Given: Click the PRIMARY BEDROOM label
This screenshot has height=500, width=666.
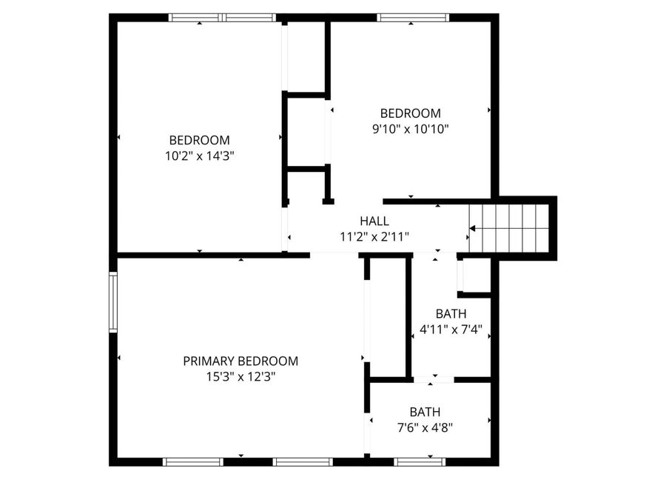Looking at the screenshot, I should [x=240, y=361].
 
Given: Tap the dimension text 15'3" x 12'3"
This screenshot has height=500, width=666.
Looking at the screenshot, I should [x=240, y=376].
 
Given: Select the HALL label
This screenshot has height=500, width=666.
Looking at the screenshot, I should [x=374, y=221].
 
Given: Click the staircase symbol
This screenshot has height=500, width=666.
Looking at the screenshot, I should [x=511, y=227].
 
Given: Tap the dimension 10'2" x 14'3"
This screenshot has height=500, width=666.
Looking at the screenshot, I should [x=199, y=156].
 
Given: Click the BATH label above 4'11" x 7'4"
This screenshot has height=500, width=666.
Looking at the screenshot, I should [x=451, y=313].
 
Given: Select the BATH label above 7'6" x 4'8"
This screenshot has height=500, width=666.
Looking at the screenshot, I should [x=425, y=412].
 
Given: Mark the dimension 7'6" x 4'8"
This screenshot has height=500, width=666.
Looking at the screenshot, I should [x=425, y=427].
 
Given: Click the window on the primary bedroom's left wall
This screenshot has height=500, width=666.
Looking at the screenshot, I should [x=113, y=301].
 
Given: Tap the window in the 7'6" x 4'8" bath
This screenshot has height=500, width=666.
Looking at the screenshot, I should [x=420, y=461].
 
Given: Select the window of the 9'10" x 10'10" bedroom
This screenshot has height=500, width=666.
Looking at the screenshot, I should [x=413, y=18].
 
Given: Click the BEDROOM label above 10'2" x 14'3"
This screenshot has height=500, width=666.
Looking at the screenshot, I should [x=199, y=140].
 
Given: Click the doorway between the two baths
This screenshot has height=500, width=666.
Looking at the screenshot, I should [x=434, y=379].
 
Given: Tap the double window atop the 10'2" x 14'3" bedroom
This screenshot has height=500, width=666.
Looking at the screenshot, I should [x=222, y=18].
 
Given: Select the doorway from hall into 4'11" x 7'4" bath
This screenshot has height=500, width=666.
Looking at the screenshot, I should [x=435, y=256].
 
